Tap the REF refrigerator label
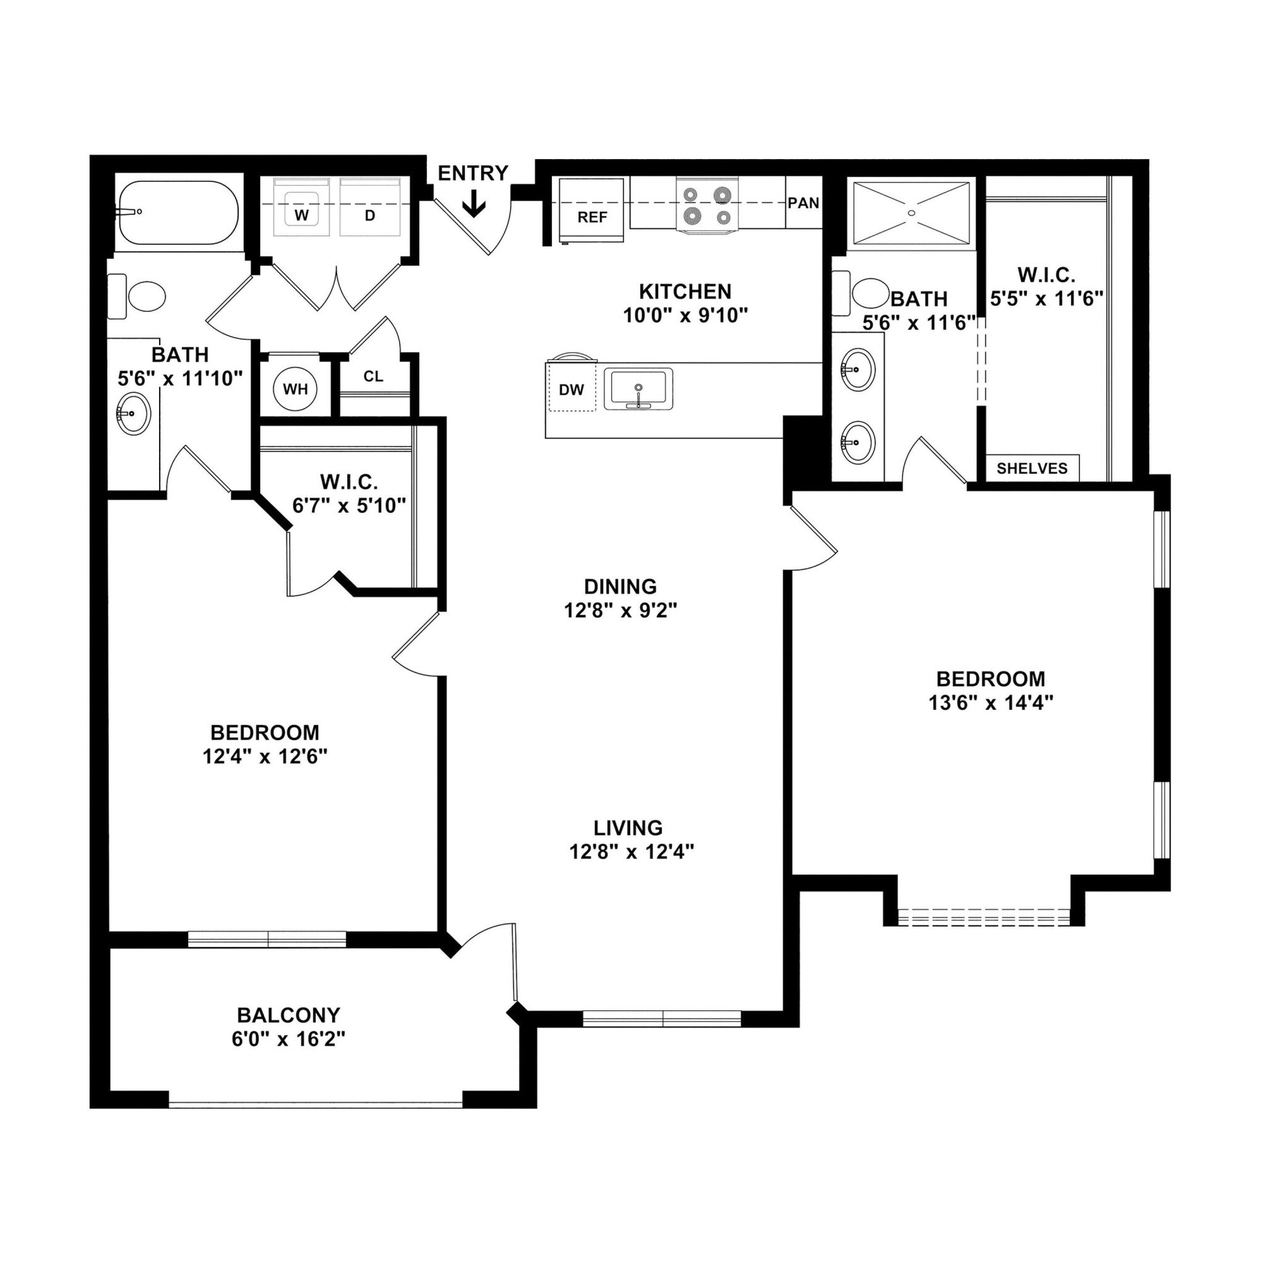(591, 217)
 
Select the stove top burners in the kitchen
(707, 205)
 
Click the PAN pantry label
(803, 203)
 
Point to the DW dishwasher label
(570, 390)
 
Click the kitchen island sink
(638, 389)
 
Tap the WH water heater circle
(295, 390)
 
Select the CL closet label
(373, 377)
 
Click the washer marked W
(302, 215)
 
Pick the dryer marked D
(370, 215)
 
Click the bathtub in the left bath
(177, 213)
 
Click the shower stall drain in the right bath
(911, 213)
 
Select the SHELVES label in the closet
(1032, 468)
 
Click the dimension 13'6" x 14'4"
(990, 703)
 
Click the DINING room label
(620, 586)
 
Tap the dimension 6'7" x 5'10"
(349, 505)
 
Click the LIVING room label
(628, 828)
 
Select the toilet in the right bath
(870, 294)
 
